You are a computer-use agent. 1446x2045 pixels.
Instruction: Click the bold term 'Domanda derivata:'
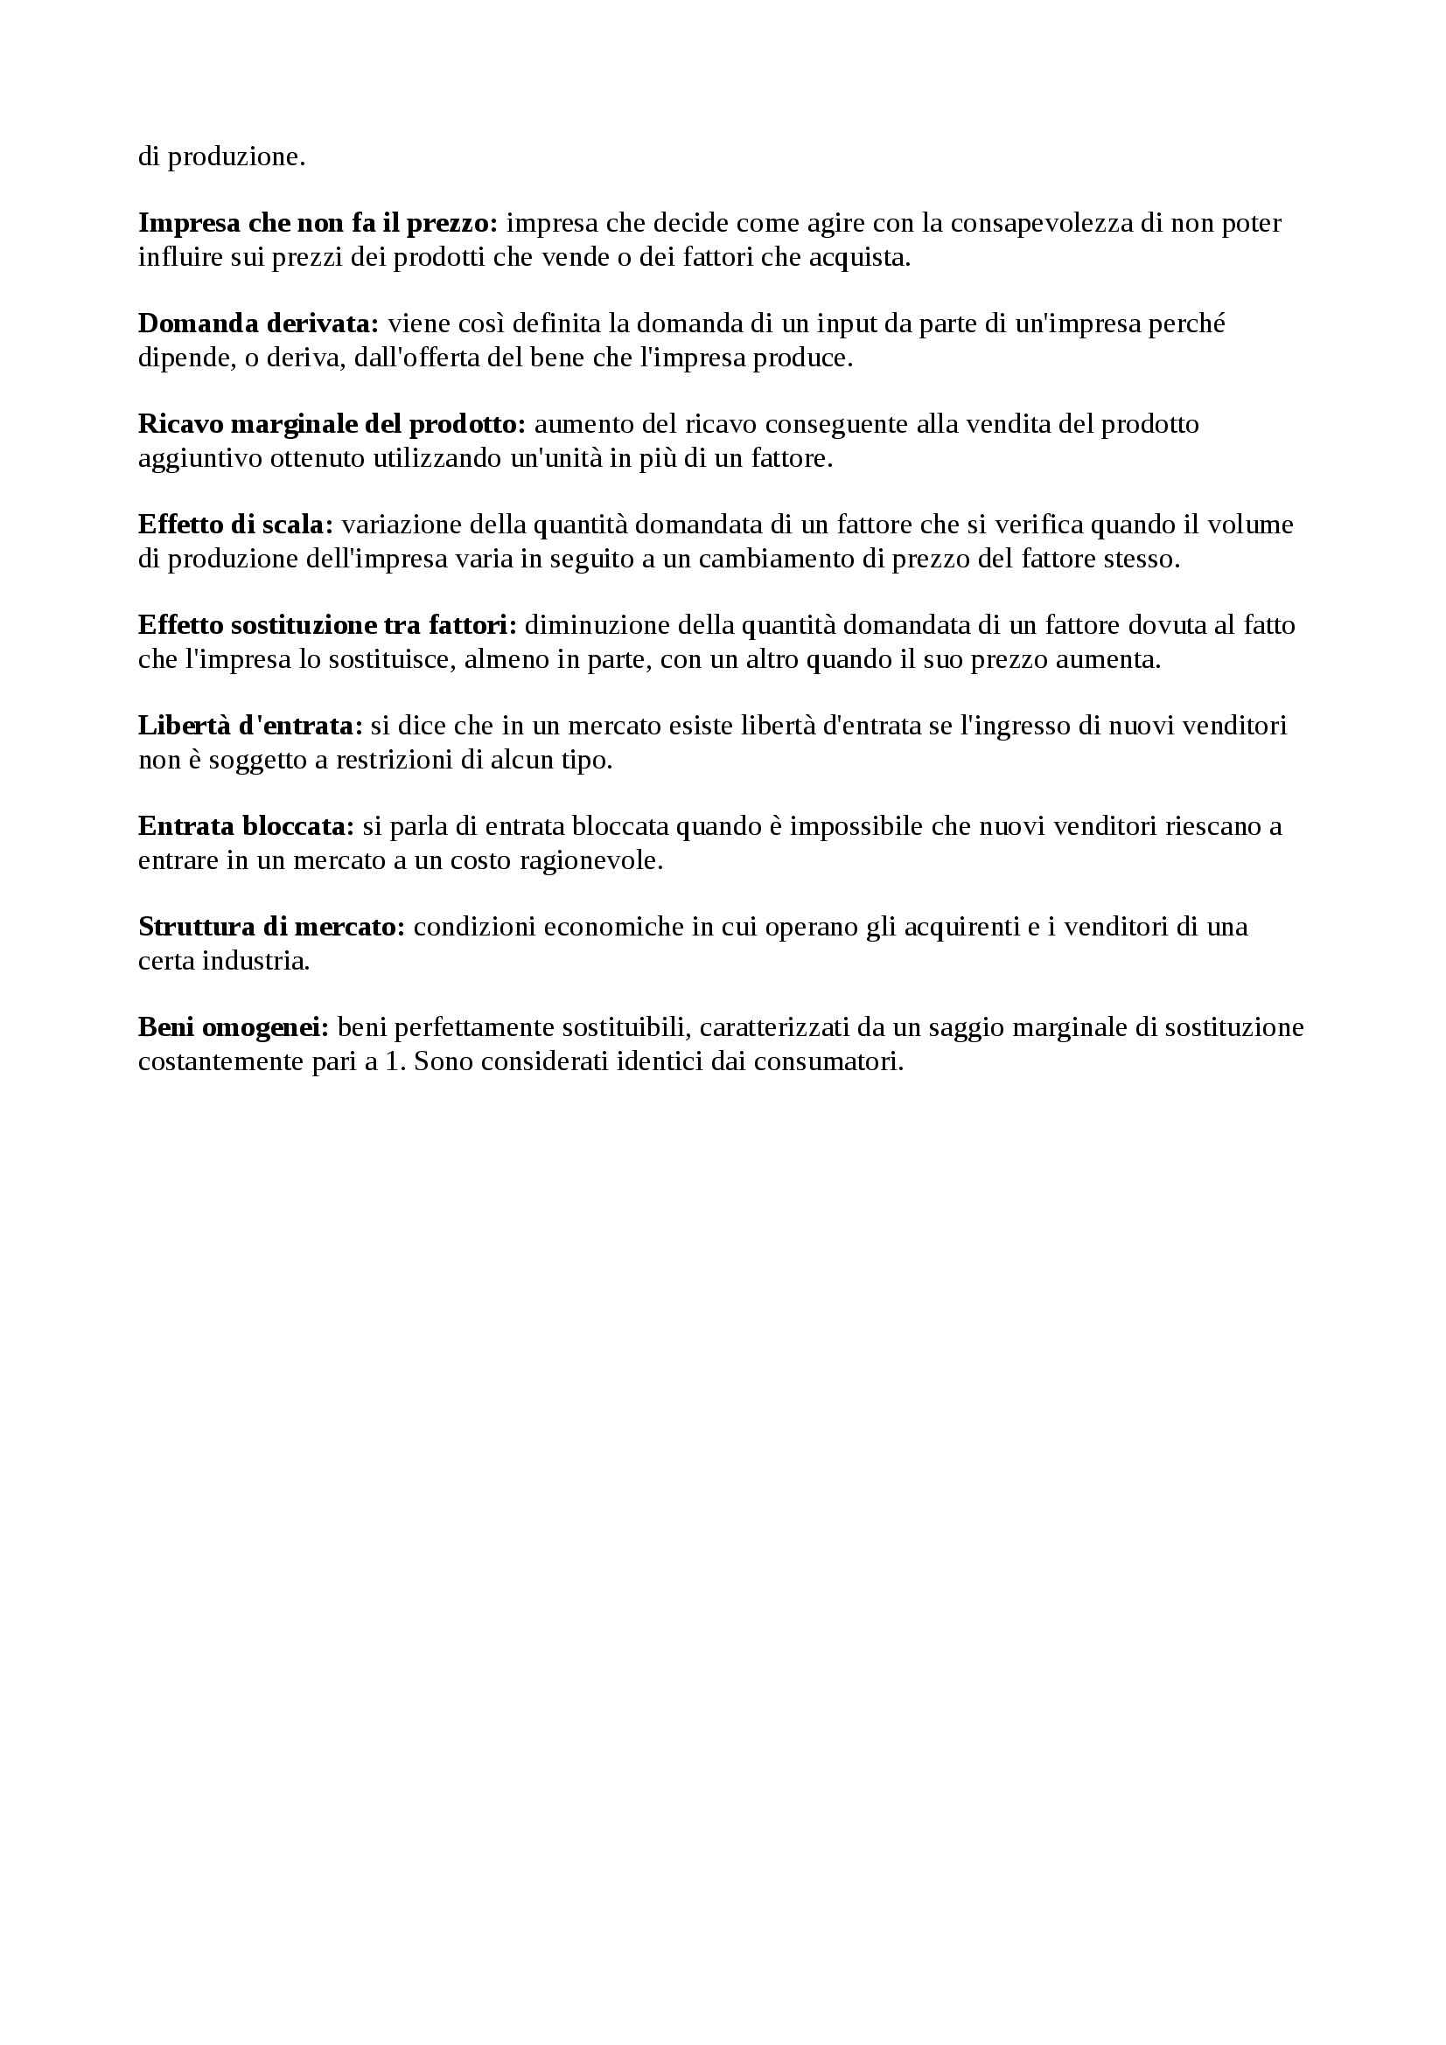pos(258,323)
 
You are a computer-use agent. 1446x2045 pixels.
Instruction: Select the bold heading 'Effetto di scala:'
pos(234,525)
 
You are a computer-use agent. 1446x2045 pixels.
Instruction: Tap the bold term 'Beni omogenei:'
pos(234,1028)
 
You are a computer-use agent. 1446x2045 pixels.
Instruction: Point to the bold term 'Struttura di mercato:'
pos(272,927)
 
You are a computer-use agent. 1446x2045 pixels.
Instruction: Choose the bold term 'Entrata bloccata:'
pos(246,826)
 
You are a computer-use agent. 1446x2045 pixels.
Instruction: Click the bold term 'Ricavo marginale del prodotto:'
pos(332,424)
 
